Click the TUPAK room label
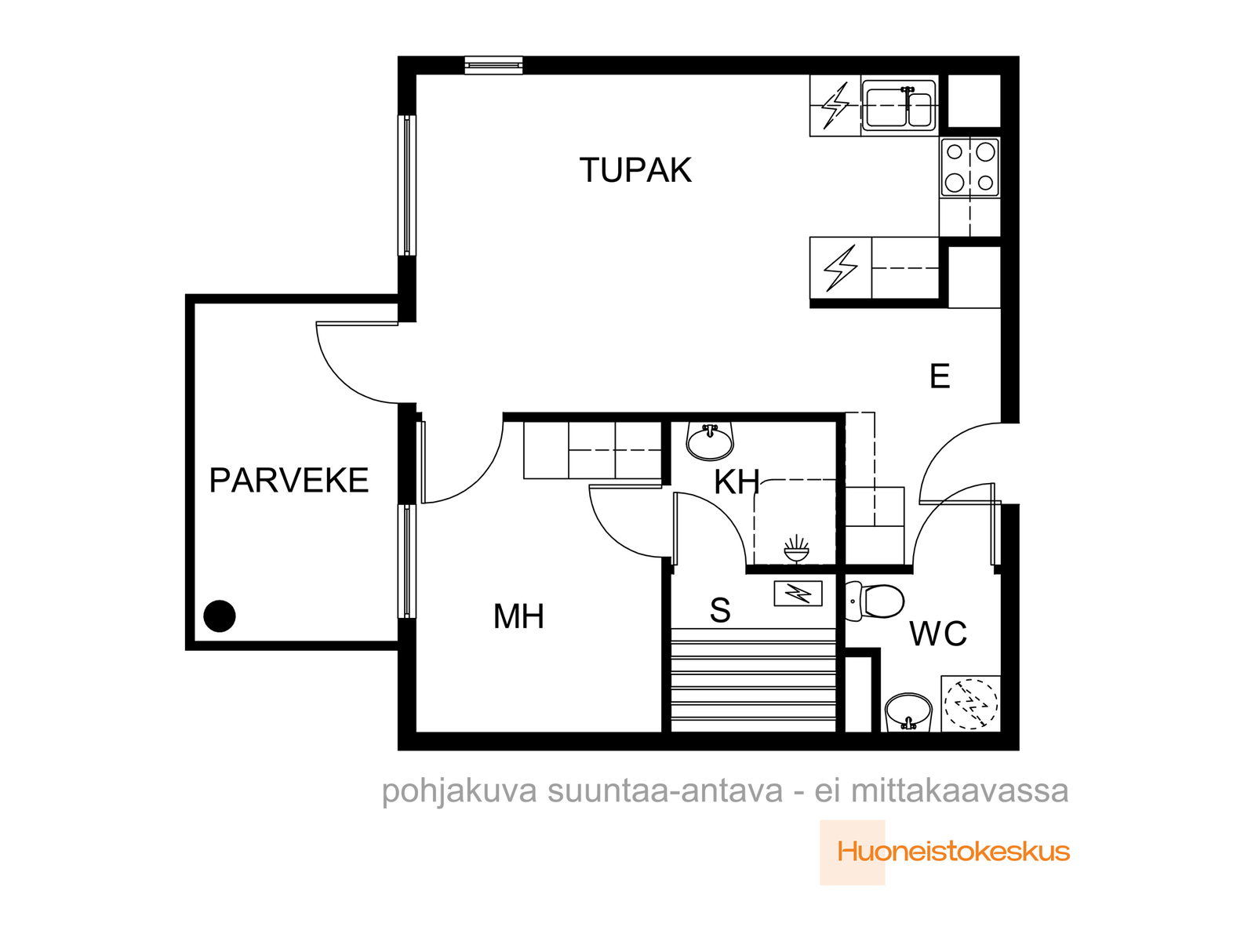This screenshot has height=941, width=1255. pos(635,169)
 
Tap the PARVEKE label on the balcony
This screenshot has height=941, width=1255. pos(289,480)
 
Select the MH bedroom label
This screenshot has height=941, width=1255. pos(518,616)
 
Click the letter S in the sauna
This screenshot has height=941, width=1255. pos(720,610)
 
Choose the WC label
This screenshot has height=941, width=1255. pos(938,634)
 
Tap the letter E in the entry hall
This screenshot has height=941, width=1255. pos(940,376)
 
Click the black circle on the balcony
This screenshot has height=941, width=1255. pos(220,616)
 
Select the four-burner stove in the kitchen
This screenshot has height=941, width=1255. pos(969,167)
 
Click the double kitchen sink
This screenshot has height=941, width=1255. pos(899,106)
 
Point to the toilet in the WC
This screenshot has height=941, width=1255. pos(874,601)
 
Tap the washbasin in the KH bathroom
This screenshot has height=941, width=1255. pos(710,441)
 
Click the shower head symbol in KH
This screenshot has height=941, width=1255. pos(796,548)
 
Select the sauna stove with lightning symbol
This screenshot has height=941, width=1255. pos(798,594)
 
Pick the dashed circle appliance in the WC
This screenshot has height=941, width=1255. pos(970,703)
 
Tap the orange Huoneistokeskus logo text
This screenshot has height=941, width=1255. pos(953,852)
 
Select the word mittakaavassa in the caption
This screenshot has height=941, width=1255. pos(959,791)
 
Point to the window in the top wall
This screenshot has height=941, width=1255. pos(493,65)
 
